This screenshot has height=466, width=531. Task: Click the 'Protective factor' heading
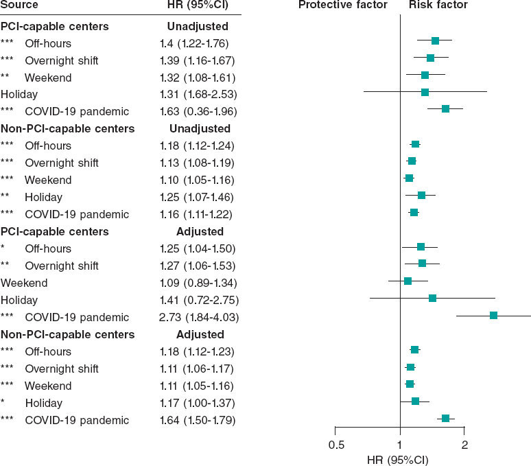342,5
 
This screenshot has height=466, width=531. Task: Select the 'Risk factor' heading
438,5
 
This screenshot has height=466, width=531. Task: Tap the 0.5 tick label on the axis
336,444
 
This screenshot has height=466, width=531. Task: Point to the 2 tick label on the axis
464,444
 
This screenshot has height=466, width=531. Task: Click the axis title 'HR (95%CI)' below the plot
399,458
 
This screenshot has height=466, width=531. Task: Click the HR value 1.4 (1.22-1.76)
194,43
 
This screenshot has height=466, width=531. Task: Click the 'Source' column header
19,5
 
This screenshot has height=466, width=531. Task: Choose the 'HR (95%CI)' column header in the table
198,5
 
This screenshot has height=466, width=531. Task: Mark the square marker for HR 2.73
493,315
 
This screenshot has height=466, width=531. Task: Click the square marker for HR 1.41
432,298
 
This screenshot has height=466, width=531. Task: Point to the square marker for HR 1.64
445,418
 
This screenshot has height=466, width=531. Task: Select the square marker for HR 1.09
408,281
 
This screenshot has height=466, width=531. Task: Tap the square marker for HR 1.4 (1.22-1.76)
435,41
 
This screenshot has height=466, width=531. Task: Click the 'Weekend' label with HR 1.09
24,283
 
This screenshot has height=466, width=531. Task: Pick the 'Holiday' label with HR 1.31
19,94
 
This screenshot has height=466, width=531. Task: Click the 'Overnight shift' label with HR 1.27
62,266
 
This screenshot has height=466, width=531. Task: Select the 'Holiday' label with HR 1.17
44,403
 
